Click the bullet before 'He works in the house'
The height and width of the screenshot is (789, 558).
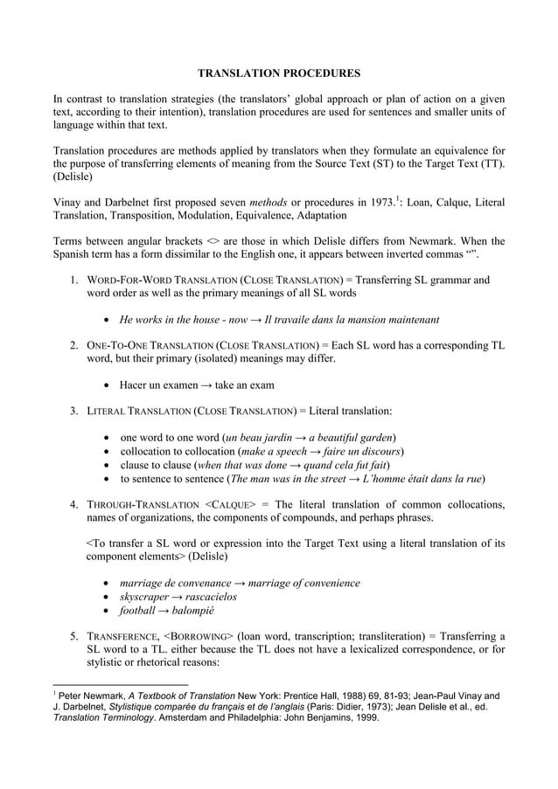click(x=106, y=320)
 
